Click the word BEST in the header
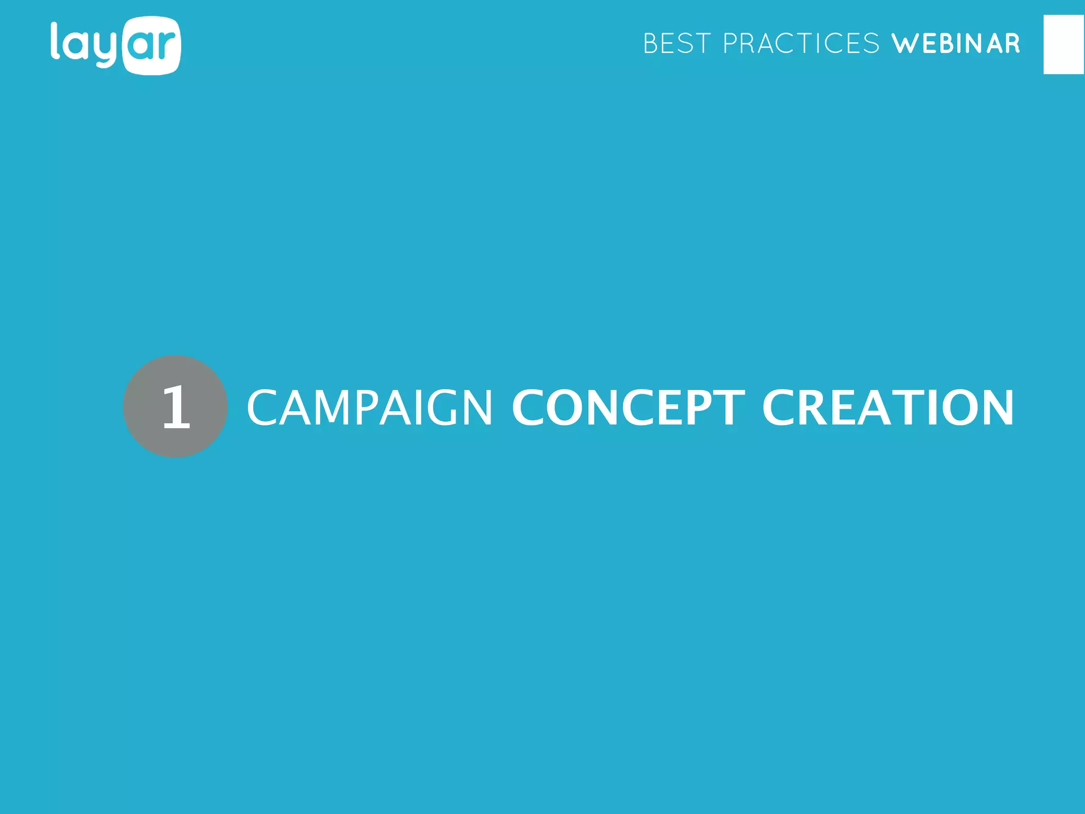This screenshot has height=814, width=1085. coord(677,43)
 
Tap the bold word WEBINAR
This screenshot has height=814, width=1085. coord(956,43)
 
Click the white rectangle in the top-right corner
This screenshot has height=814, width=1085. coord(1064,45)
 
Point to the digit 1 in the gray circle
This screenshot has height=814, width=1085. coord(176,407)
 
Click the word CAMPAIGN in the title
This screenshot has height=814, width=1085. coord(370,407)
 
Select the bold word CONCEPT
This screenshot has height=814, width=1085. coord(628,407)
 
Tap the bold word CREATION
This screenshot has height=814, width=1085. coord(888,407)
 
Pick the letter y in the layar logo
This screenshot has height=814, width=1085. coord(106,50)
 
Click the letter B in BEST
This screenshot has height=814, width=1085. coord(651,43)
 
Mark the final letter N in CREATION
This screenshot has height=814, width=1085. coord(996,407)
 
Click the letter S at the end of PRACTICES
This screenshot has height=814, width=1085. coord(871,43)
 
